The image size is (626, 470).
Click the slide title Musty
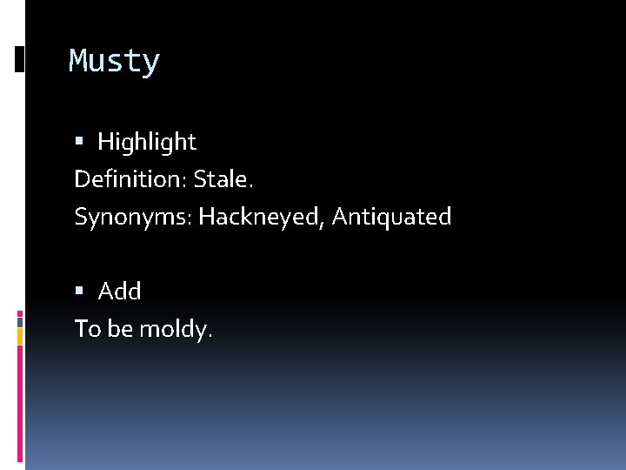tap(115, 62)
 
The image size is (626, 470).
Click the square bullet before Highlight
tap(79, 142)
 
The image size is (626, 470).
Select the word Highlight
tap(147, 142)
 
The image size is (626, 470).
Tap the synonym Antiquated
tap(391, 217)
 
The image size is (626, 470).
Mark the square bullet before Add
tap(79, 292)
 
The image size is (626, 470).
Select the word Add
tap(119, 292)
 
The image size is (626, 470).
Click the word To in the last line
tap(86, 329)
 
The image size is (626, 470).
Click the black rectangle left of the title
tap(19, 58)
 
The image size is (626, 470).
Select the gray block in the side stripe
tap(20, 319)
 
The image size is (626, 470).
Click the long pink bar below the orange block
tap(20, 400)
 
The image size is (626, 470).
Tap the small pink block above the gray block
tap(20, 312)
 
